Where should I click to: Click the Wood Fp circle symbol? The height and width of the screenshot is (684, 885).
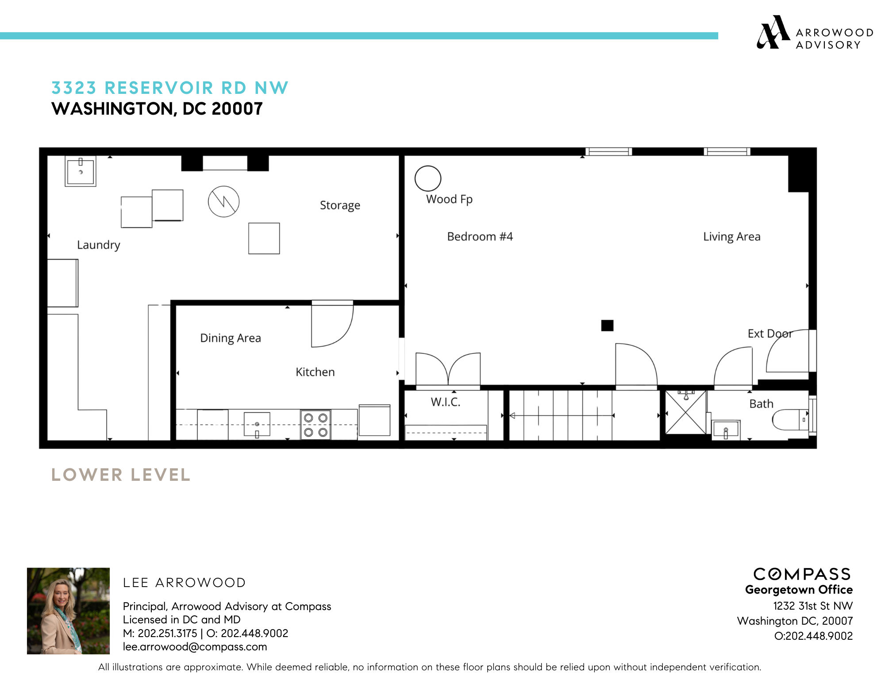pyautogui.click(x=427, y=178)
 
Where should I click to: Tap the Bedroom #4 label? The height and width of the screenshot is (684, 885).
pyautogui.click(x=480, y=236)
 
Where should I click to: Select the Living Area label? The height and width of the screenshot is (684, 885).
pyautogui.click(x=731, y=237)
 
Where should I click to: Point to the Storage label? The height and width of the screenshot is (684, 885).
pyautogui.click(x=340, y=205)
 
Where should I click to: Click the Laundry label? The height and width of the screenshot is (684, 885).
pyautogui.click(x=98, y=245)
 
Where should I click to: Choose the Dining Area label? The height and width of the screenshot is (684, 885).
pyautogui.click(x=230, y=338)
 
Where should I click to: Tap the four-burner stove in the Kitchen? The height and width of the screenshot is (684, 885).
pyautogui.click(x=316, y=425)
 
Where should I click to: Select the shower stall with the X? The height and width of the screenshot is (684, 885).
pyautogui.click(x=685, y=413)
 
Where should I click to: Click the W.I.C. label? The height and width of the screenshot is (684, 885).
pyautogui.click(x=446, y=402)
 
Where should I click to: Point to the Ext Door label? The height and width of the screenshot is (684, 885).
pyautogui.click(x=770, y=334)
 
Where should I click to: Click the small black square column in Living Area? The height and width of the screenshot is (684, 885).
pyautogui.click(x=607, y=326)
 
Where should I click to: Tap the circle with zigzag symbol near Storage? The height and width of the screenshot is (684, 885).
pyautogui.click(x=224, y=201)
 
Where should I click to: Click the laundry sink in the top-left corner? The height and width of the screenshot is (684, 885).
pyautogui.click(x=81, y=171)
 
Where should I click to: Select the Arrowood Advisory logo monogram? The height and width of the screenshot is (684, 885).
pyautogui.click(x=773, y=32)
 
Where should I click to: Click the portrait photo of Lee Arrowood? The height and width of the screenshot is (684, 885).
pyautogui.click(x=68, y=611)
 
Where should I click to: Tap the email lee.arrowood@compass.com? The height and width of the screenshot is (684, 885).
pyautogui.click(x=195, y=647)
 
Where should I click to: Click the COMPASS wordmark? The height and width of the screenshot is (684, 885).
pyautogui.click(x=802, y=574)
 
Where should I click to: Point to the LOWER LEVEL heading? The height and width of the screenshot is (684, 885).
pyautogui.click(x=121, y=475)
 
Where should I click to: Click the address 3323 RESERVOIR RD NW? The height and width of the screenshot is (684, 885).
pyautogui.click(x=170, y=88)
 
